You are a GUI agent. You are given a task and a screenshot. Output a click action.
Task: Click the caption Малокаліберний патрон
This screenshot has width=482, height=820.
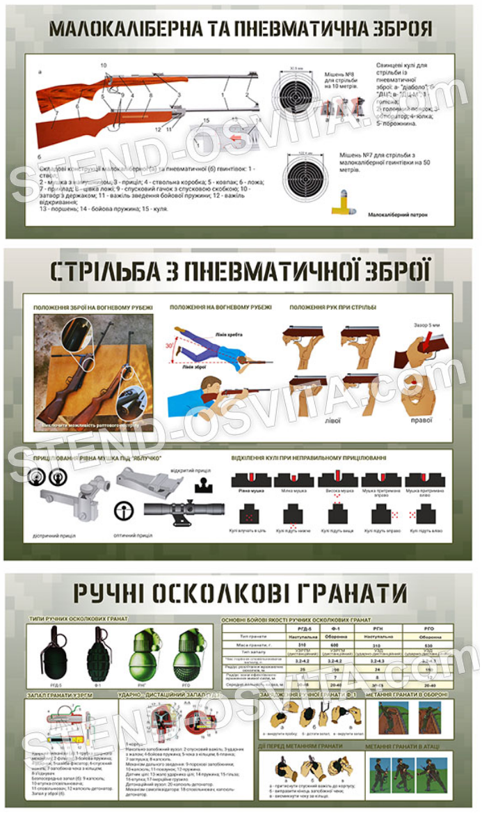click(398, 215)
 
